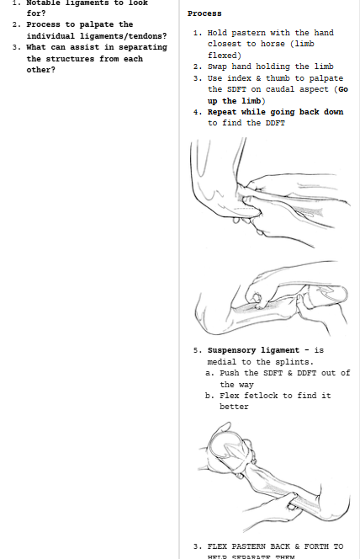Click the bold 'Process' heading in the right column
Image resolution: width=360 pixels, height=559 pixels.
[x=204, y=13]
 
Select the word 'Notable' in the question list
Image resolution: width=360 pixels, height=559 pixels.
[x=45, y=3]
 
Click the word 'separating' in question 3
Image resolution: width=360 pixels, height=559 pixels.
[x=141, y=47]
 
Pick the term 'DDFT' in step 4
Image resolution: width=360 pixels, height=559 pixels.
[x=275, y=123]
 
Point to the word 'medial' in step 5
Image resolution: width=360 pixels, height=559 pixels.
[x=224, y=362]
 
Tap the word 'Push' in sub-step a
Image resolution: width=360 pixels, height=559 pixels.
[x=230, y=373]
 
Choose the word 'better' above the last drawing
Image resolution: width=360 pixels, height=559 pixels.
[x=236, y=406]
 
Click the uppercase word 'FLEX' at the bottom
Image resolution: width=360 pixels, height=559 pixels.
[x=220, y=546]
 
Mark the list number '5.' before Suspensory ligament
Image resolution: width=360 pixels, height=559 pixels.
[x=198, y=350]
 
